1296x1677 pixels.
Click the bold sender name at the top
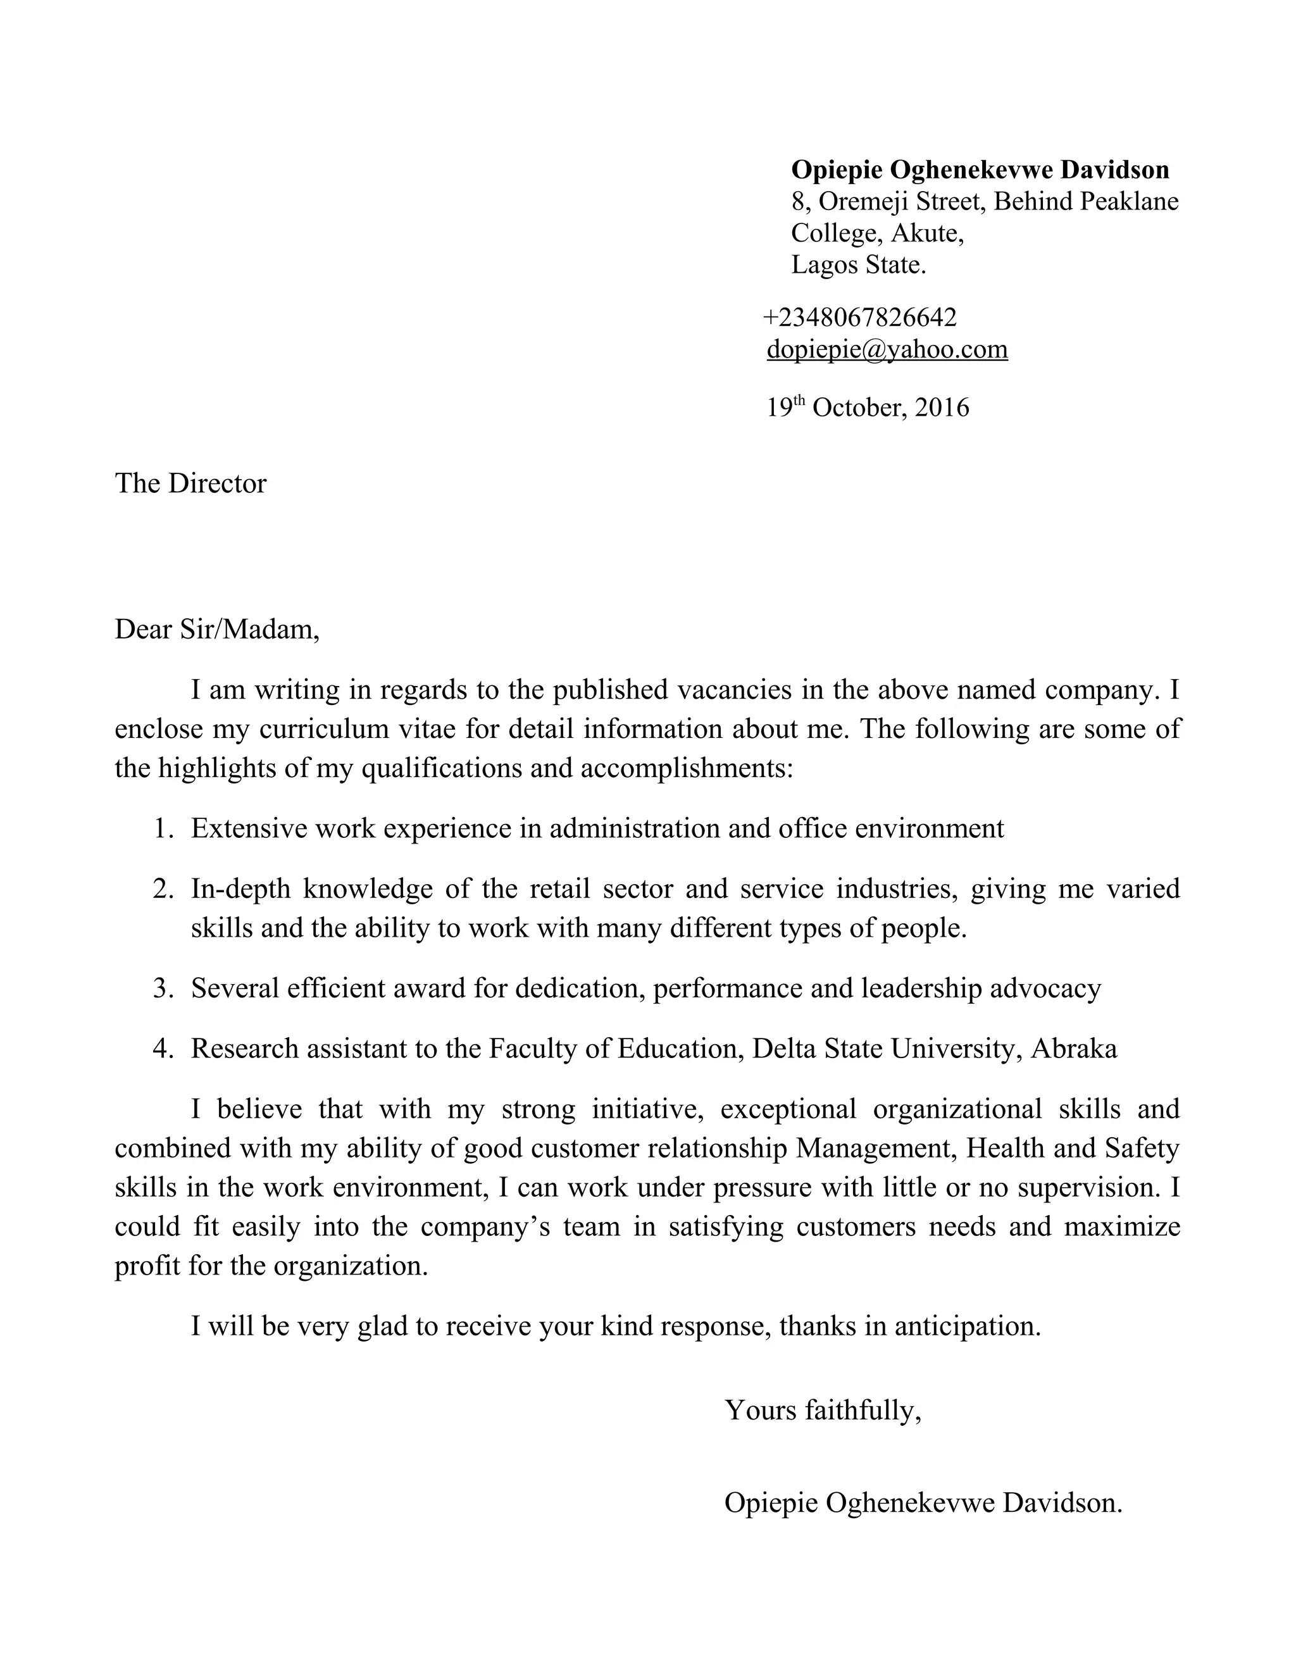(x=980, y=170)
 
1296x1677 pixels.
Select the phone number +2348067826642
(x=860, y=317)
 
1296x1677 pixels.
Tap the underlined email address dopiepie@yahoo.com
(x=887, y=349)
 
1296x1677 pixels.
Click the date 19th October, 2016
(x=868, y=407)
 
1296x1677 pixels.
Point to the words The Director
(x=190, y=483)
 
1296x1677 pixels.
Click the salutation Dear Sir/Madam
(x=216, y=630)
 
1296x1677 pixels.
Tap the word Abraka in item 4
(x=1073, y=1049)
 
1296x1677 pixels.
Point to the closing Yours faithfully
(x=822, y=1410)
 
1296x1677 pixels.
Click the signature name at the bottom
(x=923, y=1502)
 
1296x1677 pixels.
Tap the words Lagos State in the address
(x=858, y=265)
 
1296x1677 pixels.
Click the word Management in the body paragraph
(x=875, y=1149)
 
